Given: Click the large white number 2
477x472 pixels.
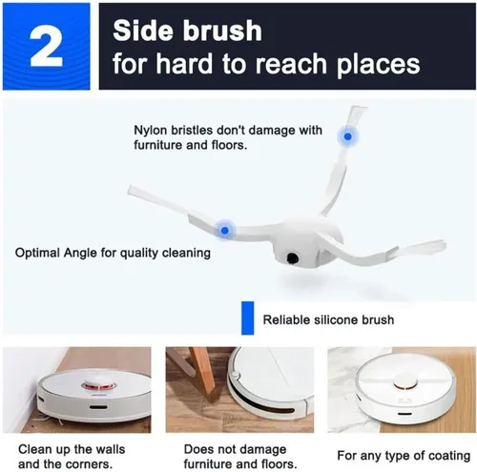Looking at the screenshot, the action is coord(46,47).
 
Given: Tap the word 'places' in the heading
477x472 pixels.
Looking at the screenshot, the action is coord(379,65).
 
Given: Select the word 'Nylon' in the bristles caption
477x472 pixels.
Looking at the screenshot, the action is coord(150,131).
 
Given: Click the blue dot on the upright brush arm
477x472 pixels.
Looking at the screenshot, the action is coord(347,136).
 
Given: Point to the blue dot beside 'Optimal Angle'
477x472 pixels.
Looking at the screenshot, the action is coord(224,230).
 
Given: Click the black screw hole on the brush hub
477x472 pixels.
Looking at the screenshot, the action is coord(292,258).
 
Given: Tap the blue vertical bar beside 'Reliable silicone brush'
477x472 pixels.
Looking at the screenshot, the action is coord(247,318).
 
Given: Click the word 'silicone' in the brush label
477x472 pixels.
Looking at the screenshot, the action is coord(339,319).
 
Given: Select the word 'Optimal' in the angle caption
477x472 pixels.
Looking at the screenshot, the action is coord(37,254).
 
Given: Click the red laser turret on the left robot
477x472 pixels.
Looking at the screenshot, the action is coord(98,384).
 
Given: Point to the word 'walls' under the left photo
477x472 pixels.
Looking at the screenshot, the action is coord(108,449).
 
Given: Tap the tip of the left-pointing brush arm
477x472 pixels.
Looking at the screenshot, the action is coord(129,190).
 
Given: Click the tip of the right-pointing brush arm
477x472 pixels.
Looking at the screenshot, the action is coord(444,243).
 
